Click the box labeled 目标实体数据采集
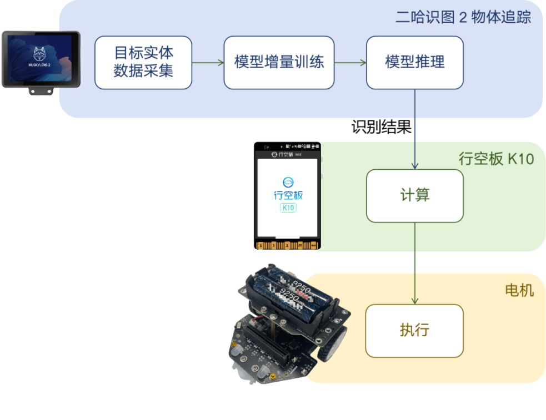pos(143,62)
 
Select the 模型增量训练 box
pos(279,62)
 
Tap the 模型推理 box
pos(415,62)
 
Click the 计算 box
pos(415,195)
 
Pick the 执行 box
pos(414,331)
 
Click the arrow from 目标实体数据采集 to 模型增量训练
pos(208,62)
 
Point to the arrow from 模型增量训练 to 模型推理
pos(350,62)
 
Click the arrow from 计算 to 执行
pos(415,263)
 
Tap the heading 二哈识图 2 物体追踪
pos(463,17)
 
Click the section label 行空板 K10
pos(496,159)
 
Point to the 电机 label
pos(519,290)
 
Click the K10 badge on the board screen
pos(288,208)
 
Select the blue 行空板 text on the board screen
pos(288,195)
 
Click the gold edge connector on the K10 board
pos(287,245)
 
